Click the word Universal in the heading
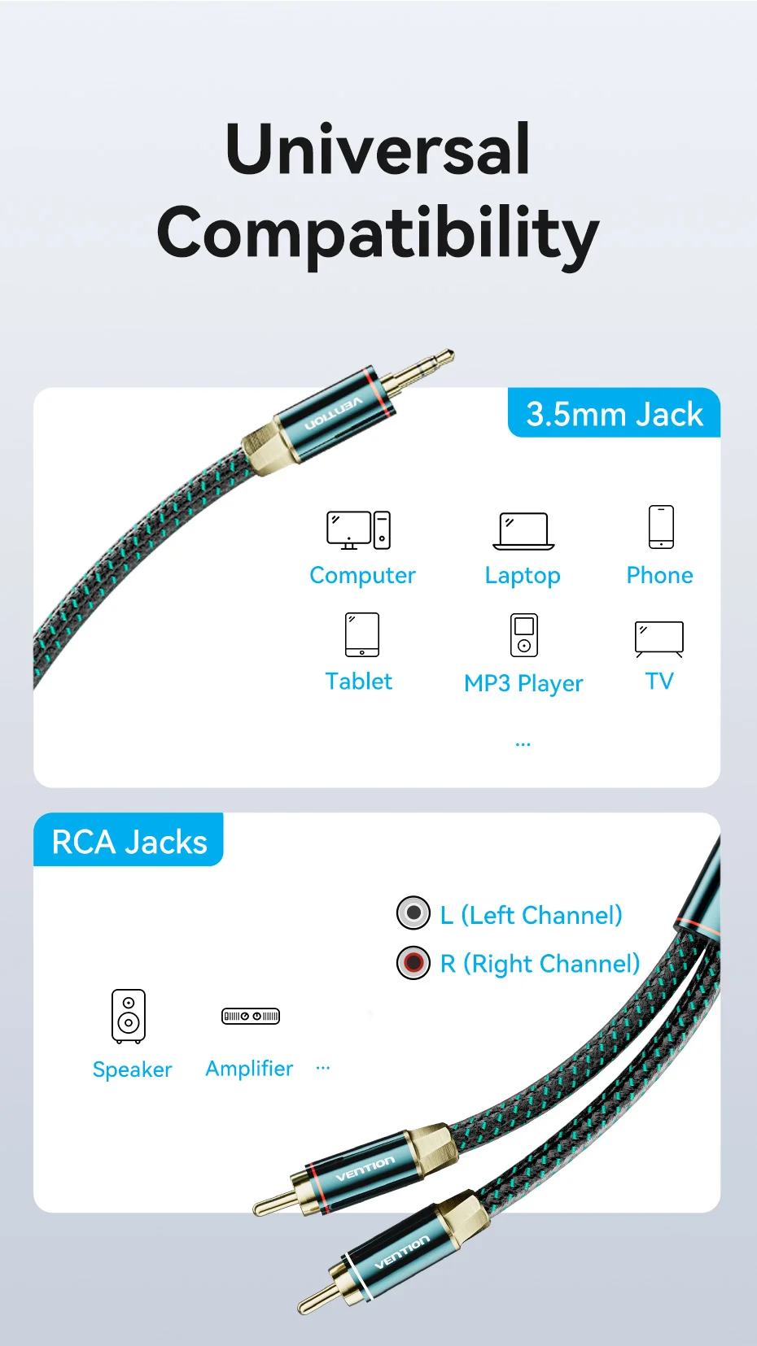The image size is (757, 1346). [378, 149]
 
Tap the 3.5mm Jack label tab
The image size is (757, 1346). [614, 414]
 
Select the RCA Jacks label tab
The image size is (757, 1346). [129, 841]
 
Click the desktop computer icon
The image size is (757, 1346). [359, 530]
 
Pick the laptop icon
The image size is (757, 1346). [523, 531]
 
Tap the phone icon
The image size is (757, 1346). [661, 527]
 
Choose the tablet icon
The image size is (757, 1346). [362, 634]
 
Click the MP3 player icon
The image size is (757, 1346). [524, 635]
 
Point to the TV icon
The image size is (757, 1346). [659, 638]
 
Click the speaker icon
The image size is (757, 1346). [129, 1016]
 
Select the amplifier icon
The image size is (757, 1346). [251, 1016]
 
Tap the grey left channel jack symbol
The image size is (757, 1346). [414, 913]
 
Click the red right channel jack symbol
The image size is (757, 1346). [414, 963]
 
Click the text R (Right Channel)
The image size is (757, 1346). [540, 964]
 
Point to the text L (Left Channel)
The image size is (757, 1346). [532, 915]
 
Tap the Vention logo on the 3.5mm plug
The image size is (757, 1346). [333, 413]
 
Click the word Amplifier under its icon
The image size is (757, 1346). [249, 1069]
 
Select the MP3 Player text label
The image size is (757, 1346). [523, 683]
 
